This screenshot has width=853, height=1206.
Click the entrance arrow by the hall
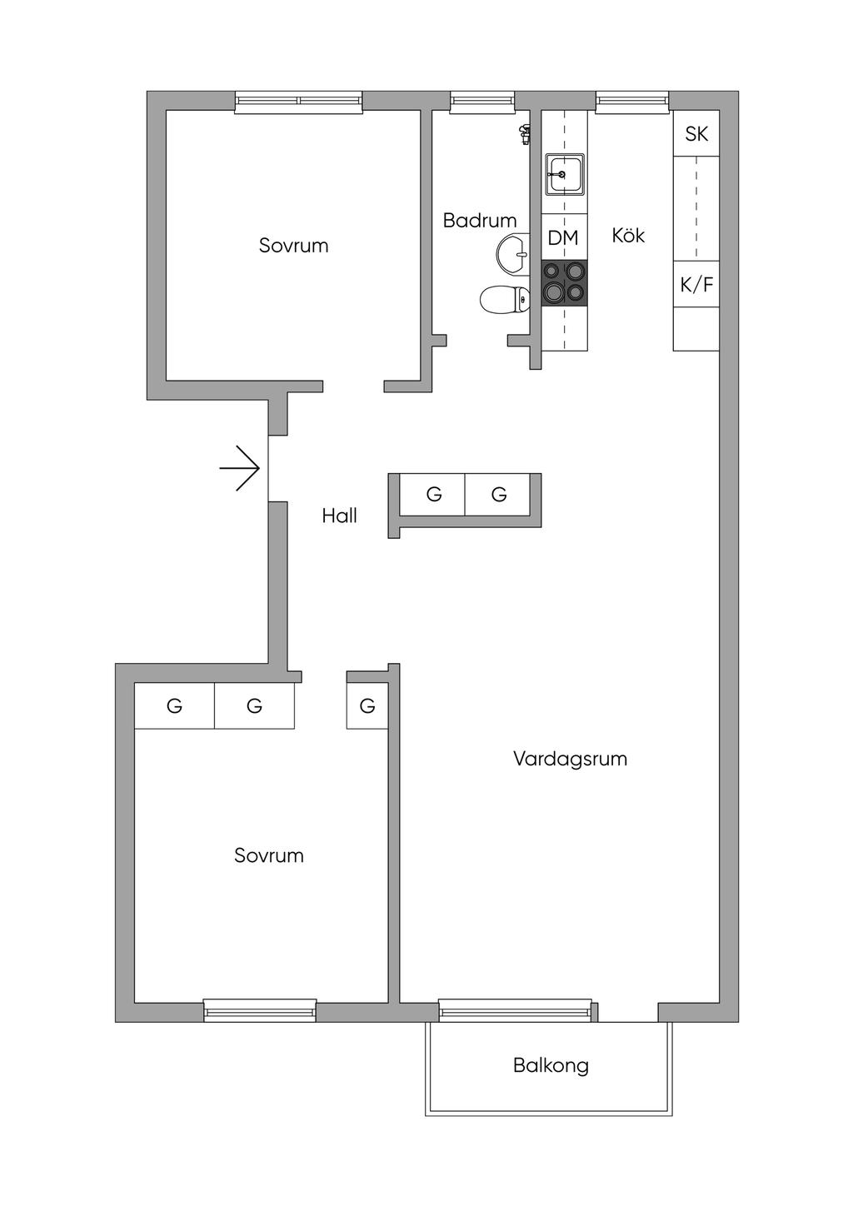point(240,468)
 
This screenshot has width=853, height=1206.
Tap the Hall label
point(339,516)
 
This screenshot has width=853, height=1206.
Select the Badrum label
point(480,220)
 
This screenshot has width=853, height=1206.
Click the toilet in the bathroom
point(504,299)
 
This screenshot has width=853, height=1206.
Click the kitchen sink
point(564,174)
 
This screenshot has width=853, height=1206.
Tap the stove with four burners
point(564,284)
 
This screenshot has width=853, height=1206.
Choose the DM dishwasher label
point(563,237)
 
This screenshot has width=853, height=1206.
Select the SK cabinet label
point(696,133)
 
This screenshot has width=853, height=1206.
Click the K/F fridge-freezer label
point(696,284)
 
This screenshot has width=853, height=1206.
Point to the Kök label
point(628,235)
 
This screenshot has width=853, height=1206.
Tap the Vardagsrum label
point(570,759)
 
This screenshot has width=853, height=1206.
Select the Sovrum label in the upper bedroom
point(293,246)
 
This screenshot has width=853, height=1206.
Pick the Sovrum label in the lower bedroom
point(269,855)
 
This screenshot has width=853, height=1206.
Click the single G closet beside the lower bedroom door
point(367,705)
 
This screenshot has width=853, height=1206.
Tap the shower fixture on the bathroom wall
point(524,134)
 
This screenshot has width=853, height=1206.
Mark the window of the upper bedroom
point(298,102)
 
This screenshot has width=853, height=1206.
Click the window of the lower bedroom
point(260,1010)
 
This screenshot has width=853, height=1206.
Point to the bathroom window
point(482,102)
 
